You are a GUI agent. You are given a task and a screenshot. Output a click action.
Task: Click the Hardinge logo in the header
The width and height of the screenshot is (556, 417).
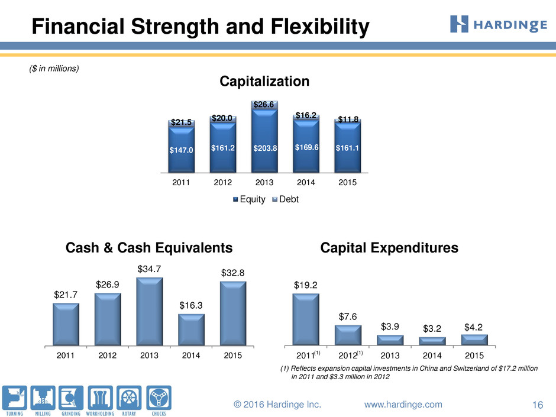498,24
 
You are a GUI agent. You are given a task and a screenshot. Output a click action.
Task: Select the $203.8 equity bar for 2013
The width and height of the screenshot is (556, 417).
264,141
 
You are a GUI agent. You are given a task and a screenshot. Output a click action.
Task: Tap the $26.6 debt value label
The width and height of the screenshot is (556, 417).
263,104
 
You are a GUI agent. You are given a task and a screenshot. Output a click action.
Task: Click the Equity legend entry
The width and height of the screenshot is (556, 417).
249,199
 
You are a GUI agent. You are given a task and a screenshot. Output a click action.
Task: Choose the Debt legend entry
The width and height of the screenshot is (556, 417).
286,199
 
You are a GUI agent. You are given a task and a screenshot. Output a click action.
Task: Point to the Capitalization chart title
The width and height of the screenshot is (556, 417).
264,81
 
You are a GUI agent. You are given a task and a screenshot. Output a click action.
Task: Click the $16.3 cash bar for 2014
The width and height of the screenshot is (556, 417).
191,330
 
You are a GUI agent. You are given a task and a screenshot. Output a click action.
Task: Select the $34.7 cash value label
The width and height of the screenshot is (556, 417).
149,269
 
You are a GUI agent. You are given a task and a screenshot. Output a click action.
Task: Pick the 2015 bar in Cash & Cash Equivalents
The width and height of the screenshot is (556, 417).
233,313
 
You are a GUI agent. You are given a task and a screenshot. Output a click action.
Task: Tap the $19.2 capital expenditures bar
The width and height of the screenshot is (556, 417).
306,319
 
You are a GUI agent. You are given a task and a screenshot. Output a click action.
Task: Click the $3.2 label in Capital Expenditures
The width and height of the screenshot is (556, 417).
432,329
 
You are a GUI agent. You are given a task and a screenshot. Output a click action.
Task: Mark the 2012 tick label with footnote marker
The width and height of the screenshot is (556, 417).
351,355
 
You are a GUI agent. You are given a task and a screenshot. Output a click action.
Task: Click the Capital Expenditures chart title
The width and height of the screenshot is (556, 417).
389,248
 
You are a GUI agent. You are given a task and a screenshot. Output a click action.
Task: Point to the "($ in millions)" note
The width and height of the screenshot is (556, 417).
54,69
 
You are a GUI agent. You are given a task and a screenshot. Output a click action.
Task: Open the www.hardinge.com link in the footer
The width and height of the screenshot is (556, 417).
403,404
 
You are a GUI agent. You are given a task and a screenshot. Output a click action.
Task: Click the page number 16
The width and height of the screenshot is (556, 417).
538,405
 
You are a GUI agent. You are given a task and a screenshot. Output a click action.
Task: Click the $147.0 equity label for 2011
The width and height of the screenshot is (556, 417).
181,150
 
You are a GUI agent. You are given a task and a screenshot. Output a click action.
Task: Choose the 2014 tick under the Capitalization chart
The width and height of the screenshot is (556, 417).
306,182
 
